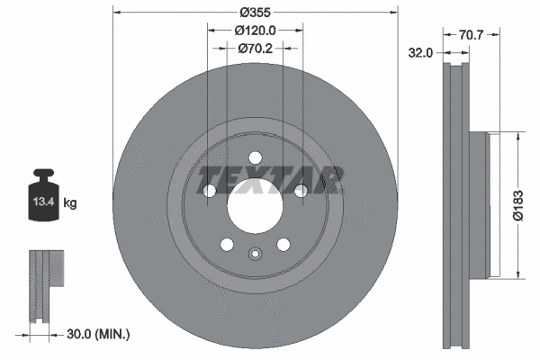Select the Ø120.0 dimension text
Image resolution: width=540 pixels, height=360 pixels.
pos(255,30)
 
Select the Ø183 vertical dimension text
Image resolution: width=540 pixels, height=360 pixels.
pos(530,205)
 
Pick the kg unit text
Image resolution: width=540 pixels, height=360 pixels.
pos(69,203)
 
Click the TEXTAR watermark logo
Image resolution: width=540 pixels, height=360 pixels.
pos(271,180)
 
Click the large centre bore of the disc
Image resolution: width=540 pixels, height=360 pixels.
pos(255,210)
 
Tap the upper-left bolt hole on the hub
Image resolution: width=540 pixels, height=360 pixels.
pos(210,191)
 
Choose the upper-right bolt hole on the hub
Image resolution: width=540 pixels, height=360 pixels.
pos(300,190)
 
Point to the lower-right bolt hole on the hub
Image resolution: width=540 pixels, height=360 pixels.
pos(283,245)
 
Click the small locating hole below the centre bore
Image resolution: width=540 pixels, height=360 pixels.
pos(255,253)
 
